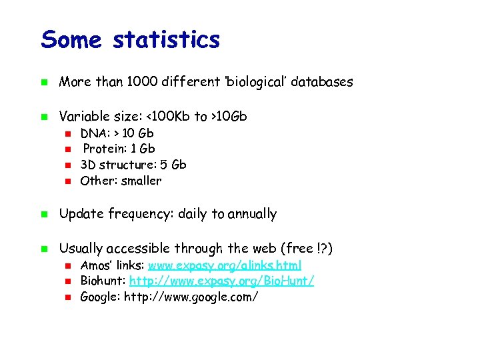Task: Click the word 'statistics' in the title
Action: point(166,40)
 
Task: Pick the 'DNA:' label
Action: point(95,133)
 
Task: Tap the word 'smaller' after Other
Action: point(141,181)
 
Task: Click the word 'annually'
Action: point(252,214)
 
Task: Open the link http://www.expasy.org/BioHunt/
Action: point(221,281)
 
